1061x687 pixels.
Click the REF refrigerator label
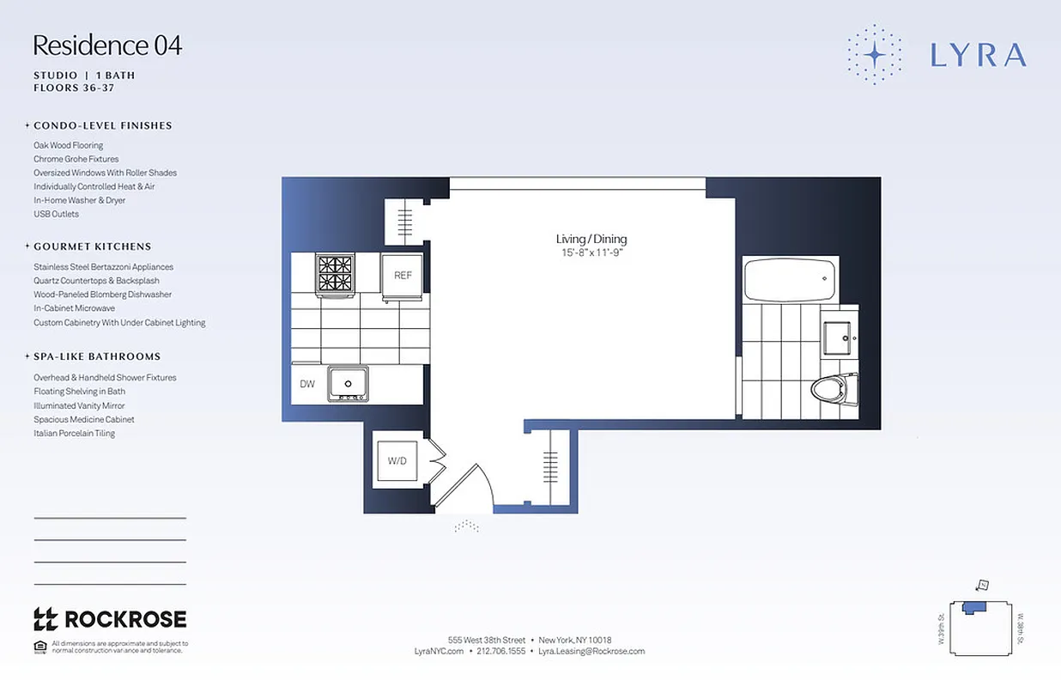(x=403, y=276)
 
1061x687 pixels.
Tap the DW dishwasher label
(x=307, y=384)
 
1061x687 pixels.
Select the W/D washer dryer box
(x=397, y=461)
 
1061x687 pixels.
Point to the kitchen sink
(x=348, y=384)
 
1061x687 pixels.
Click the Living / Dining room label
(x=591, y=239)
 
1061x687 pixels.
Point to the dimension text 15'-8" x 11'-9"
(x=591, y=253)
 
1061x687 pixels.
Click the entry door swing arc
(x=470, y=485)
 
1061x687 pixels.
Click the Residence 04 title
(x=107, y=45)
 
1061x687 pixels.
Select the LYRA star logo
(x=874, y=54)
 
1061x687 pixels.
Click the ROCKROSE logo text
(x=110, y=618)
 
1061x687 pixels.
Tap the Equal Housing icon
(x=39, y=646)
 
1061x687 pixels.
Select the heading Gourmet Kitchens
(x=92, y=246)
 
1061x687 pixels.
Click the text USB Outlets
(x=56, y=214)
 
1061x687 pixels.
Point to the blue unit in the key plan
(x=974, y=607)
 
